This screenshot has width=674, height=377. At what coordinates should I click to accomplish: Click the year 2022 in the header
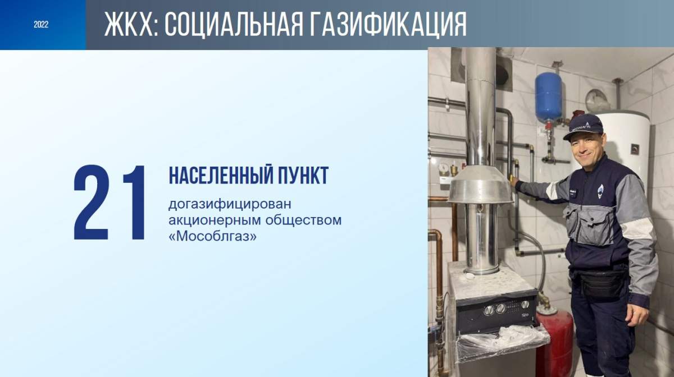tap(41, 24)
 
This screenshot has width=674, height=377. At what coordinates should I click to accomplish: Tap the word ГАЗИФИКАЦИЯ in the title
tap(389, 24)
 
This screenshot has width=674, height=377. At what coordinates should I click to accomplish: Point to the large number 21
tap(110, 203)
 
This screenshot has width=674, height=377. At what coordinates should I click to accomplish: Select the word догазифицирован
tap(230, 205)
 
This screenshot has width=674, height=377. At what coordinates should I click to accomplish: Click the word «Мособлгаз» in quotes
tap(213, 236)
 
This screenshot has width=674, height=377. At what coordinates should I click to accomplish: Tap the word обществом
tap(303, 220)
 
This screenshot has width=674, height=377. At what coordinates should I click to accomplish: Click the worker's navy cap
tap(583, 127)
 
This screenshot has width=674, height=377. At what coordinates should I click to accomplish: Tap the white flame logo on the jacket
tap(600, 192)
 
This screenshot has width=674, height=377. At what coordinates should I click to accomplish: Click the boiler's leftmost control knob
tap(488, 310)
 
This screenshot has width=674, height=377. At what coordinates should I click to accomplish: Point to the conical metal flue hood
tap(481, 186)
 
